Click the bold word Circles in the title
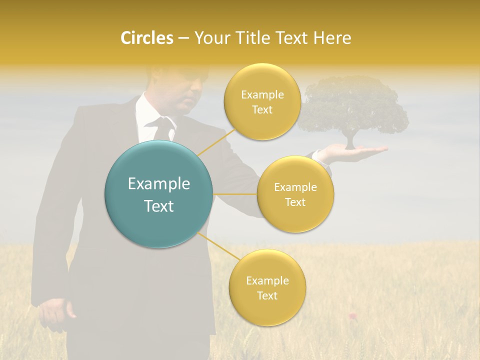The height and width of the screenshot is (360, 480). (x=146, y=38)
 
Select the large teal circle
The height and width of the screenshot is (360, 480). (x=159, y=194)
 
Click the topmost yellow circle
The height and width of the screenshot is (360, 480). (x=261, y=101)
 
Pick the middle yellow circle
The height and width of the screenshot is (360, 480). (x=295, y=194)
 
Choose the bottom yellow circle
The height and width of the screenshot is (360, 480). (x=267, y=287)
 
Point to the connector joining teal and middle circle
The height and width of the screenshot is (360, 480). (x=235, y=194)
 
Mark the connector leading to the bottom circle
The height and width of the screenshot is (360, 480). (x=217, y=247)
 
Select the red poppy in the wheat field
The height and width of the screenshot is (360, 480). (x=352, y=315)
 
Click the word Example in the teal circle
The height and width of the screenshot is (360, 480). (x=159, y=184)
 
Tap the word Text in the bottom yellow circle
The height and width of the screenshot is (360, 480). (x=267, y=295)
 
